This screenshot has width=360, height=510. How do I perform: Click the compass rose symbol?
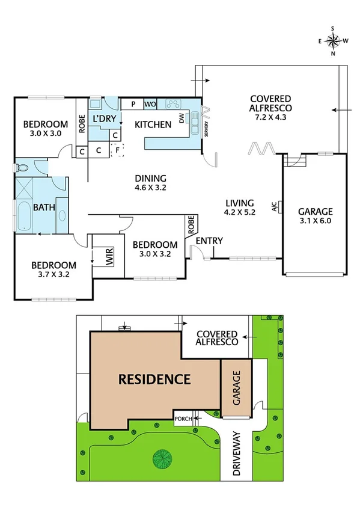(333, 40)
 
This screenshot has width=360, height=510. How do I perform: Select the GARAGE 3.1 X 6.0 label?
(315, 216)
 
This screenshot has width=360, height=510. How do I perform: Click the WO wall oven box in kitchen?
(150, 104)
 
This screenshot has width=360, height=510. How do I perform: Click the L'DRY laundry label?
(103, 118)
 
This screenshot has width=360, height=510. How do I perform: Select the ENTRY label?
(210, 241)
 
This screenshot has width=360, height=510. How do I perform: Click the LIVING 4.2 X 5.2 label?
(240, 207)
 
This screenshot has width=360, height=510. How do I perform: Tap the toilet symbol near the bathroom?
(23, 167)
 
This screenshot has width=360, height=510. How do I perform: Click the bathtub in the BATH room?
(22, 217)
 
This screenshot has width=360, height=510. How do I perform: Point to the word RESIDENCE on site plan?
(154, 379)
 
